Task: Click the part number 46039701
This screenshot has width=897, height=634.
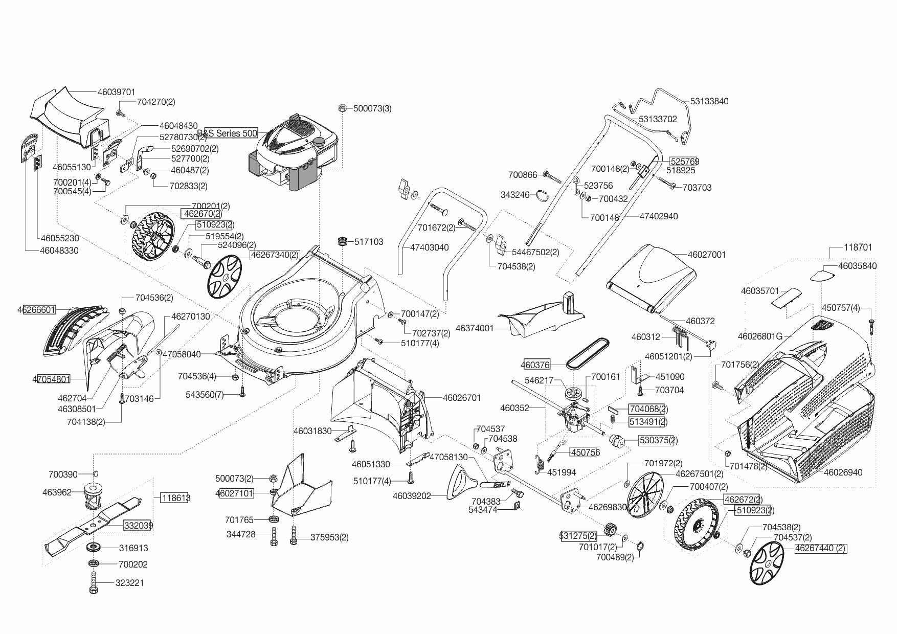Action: [x=116, y=92]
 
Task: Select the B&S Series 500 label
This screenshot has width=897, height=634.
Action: [x=230, y=133]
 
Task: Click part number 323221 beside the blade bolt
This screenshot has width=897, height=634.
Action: [x=130, y=583]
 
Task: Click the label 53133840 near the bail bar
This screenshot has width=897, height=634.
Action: [x=709, y=101]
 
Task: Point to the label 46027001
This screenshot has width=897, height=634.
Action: [x=707, y=255]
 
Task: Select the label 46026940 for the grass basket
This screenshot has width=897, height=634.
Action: [x=843, y=472]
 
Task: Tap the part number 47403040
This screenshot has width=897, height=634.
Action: [x=430, y=247]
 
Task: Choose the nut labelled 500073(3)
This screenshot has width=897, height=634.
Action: [x=343, y=108]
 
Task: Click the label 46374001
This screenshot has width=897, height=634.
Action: [x=475, y=328]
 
